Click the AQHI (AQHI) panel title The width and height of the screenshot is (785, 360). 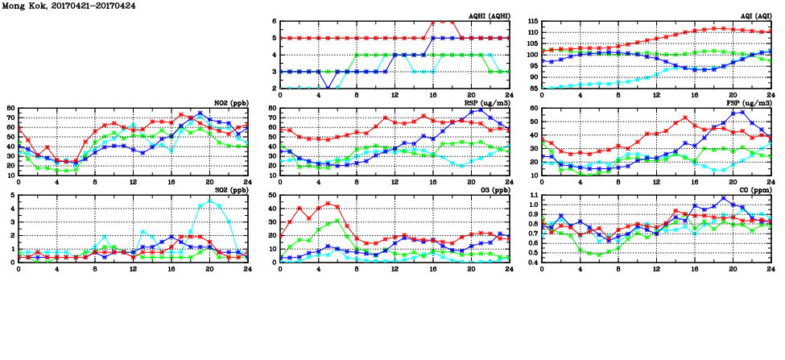point(488,15)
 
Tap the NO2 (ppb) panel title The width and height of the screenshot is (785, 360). point(230,102)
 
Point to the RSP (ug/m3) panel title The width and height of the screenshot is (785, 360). point(488,102)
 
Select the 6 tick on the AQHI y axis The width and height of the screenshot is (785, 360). point(274,21)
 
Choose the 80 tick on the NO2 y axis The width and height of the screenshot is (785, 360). point(10,108)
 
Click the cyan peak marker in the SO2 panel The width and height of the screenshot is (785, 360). point(209,201)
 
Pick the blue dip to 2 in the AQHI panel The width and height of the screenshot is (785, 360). point(328,89)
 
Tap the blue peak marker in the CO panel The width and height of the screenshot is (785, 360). point(723,198)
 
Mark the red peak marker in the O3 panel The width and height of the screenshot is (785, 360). point(328,204)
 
